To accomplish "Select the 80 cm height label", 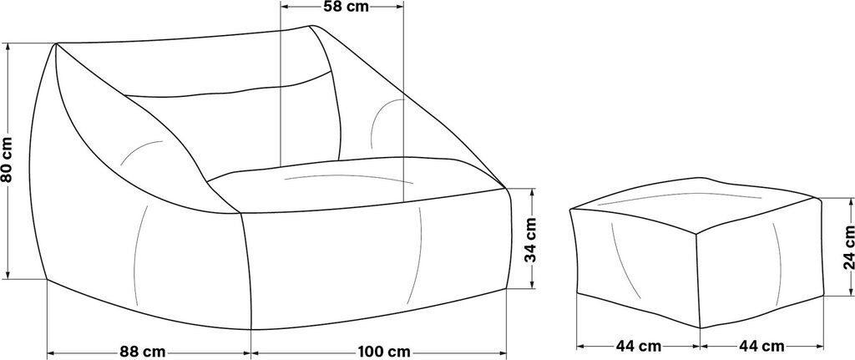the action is [7, 160].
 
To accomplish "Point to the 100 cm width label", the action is [384, 352].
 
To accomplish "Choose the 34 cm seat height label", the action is [530, 241].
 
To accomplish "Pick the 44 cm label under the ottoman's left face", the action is [639, 346].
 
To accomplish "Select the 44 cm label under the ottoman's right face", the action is [761, 346].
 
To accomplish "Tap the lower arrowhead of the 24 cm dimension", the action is [849, 292].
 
